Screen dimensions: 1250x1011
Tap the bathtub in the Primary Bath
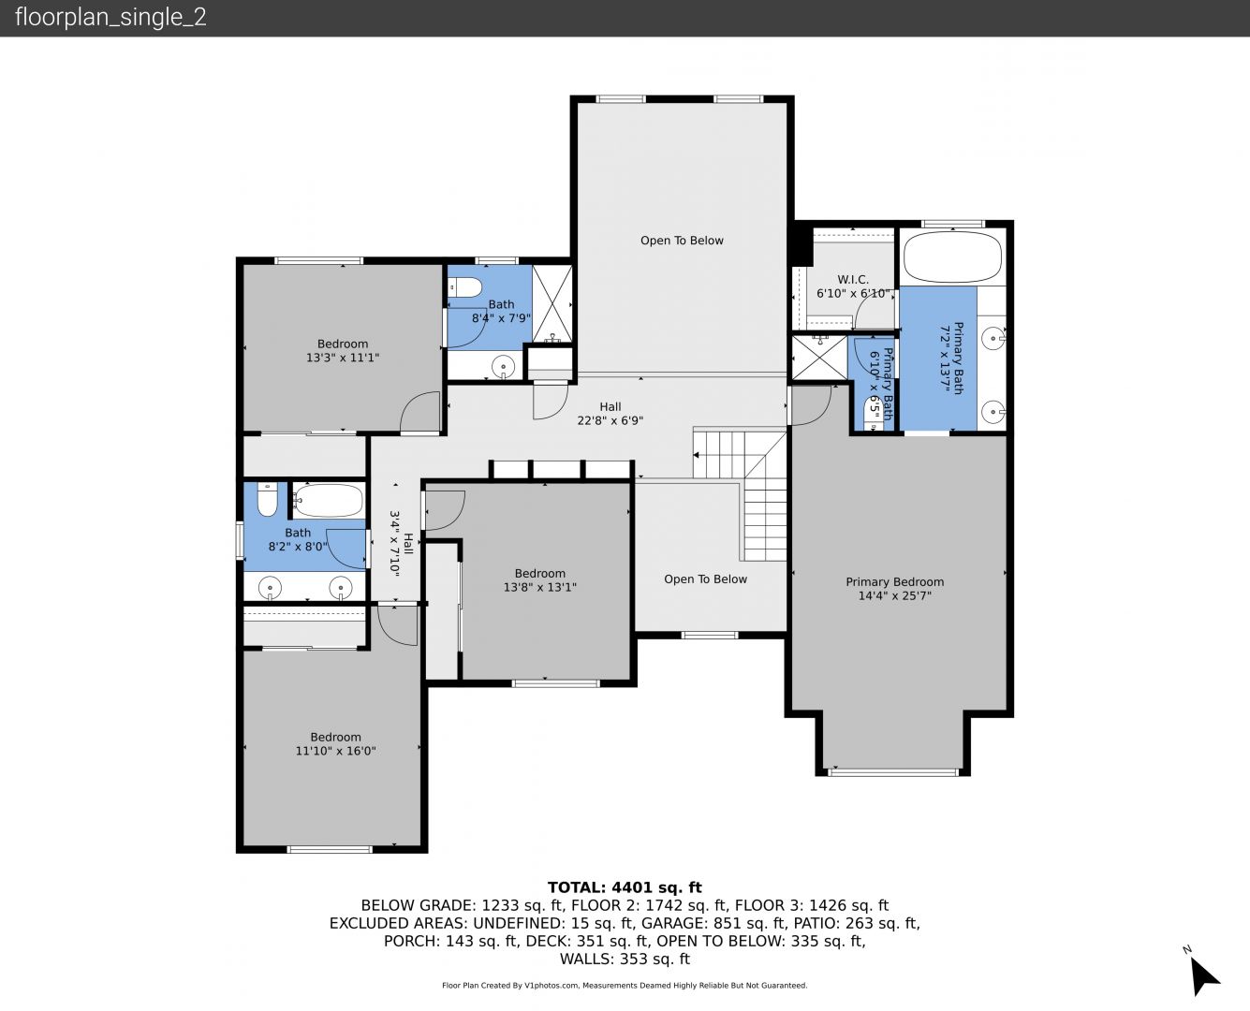[x=952, y=257]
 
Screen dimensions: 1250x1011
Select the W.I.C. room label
[x=853, y=279]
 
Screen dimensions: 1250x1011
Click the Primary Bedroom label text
[x=894, y=582]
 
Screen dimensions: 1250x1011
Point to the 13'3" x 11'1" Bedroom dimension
[x=343, y=358]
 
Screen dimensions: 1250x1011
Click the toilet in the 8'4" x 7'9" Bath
[x=464, y=287]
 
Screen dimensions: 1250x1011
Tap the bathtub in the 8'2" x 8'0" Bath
[x=328, y=500]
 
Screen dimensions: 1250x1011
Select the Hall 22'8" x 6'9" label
[x=610, y=413]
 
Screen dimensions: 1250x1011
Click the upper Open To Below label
[x=682, y=241]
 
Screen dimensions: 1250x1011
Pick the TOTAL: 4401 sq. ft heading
[x=625, y=887]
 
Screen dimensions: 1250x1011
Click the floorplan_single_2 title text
[x=110, y=18]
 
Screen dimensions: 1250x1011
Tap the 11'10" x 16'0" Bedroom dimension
[x=336, y=751]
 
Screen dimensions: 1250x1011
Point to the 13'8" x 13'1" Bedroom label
[x=540, y=580]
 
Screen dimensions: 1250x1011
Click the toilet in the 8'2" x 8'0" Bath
[x=267, y=500]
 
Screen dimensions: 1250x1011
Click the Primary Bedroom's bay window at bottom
[x=893, y=772]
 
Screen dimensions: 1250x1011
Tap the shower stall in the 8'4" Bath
[x=552, y=303]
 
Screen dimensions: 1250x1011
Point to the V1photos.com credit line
[x=625, y=985]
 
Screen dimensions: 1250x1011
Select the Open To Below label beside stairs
[x=705, y=579]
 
